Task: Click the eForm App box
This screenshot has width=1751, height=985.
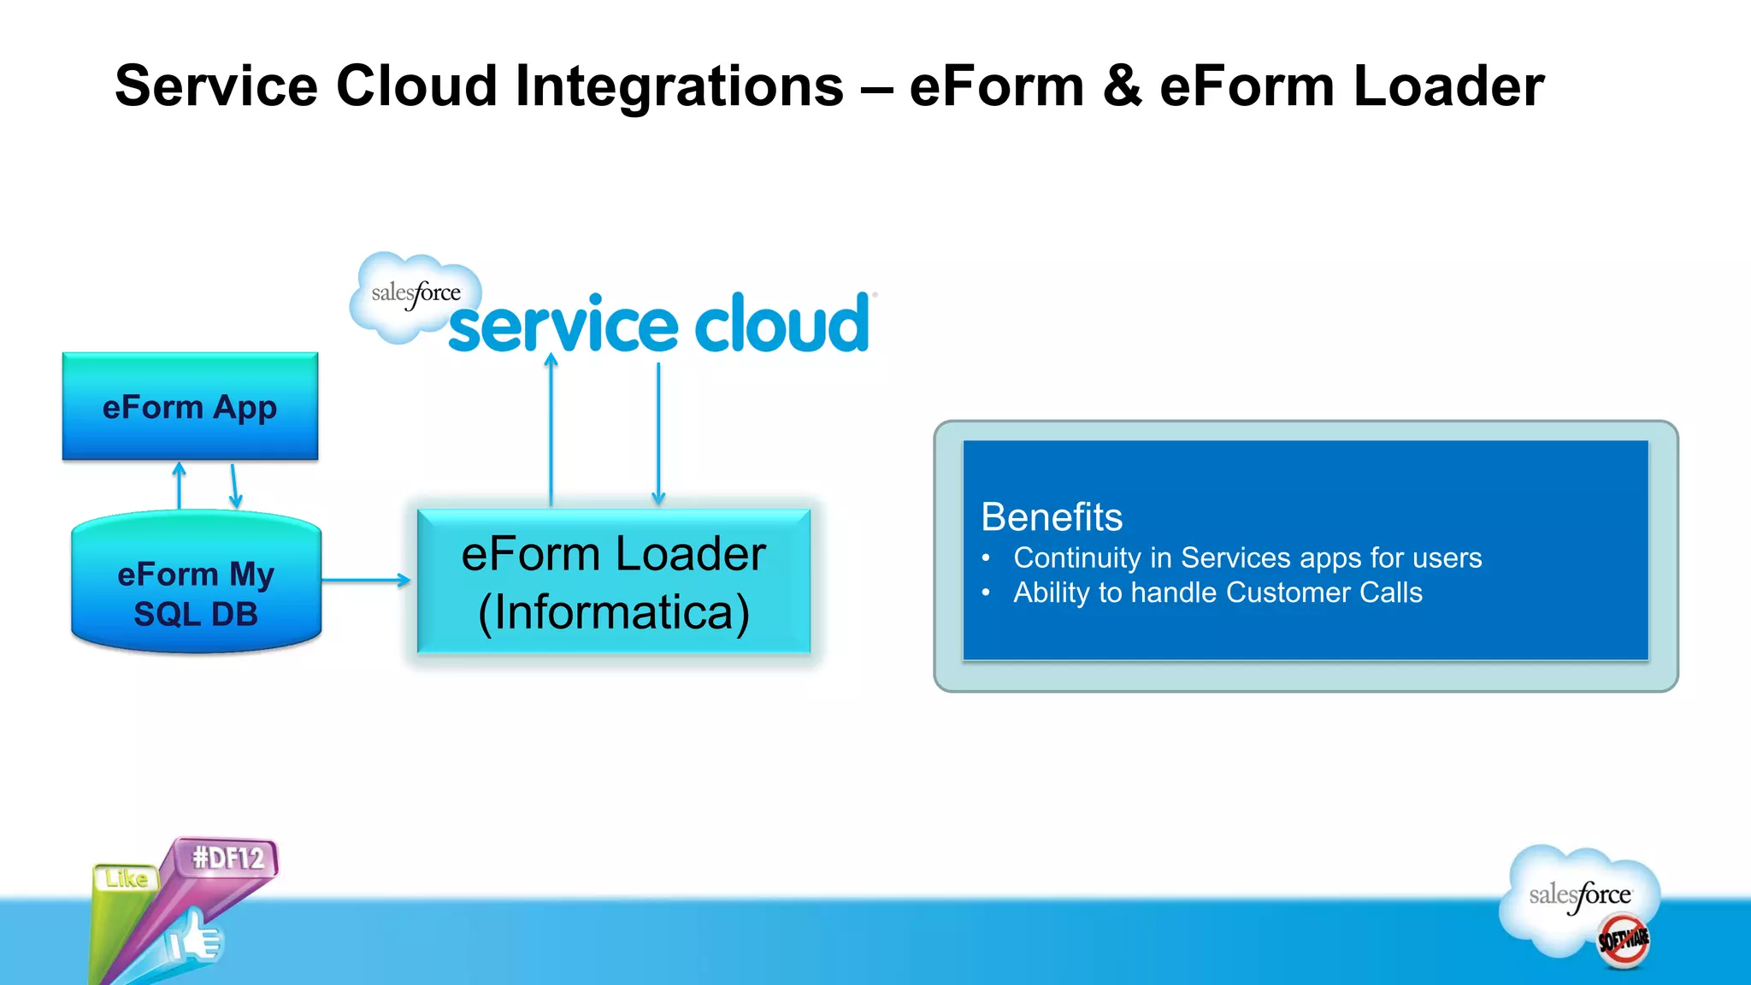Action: click(190, 407)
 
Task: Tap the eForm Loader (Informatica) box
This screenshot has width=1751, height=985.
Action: click(613, 582)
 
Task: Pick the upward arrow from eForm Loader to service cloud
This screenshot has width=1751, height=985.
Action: click(551, 428)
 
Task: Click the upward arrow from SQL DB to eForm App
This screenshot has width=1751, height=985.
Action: click(179, 485)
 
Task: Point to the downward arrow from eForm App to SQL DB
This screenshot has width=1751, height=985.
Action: click(234, 486)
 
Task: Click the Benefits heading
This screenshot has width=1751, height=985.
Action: click(1051, 517)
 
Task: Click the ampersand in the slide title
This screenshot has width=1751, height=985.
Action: click(1122, 86)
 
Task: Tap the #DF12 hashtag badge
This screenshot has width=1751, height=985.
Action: click(227, 858)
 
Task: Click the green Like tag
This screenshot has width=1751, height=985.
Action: click(127, 879)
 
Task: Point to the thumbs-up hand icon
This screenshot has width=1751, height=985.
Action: click(195, 939)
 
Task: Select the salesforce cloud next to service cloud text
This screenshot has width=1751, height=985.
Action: click(415, 296)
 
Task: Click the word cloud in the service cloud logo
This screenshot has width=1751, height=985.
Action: click(781, 325)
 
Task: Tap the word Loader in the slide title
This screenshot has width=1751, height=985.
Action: click(1448, 86)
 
